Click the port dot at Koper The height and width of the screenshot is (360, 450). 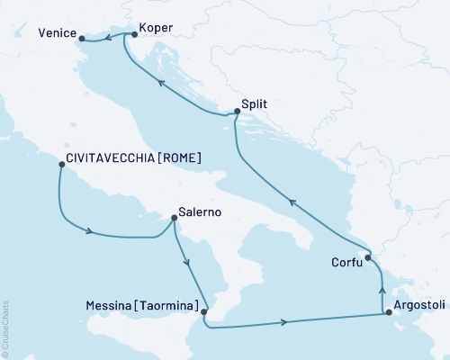click(134, 34)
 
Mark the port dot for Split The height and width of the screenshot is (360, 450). click(237, 112)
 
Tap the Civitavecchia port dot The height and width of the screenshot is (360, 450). click(60, 164)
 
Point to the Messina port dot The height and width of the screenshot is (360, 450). click(204, 312)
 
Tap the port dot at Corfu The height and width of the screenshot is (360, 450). click(368, 258)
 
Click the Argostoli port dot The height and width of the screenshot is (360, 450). click(388, 313)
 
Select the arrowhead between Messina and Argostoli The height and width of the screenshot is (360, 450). click(284, 321)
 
